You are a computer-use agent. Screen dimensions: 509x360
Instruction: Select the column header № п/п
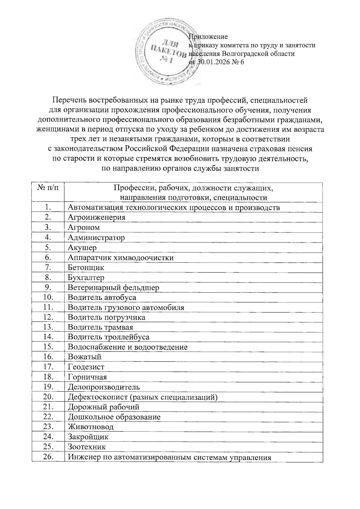click(48, 188)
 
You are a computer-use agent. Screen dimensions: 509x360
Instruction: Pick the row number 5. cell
click(48, 248)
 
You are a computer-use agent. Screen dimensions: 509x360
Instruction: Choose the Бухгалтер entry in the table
click(86, 277)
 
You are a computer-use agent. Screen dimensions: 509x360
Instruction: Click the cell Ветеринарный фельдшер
click(113, 288)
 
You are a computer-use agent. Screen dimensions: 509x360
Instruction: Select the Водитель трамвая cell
click(100, 327)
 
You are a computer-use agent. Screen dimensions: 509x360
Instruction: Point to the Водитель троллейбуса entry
click(109, 337)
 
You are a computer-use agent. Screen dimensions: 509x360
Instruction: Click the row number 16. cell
click(48, 357)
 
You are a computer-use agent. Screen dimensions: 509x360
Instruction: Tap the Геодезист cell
click(86, 367)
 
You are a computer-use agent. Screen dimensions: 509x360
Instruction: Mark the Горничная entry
click(87, 377)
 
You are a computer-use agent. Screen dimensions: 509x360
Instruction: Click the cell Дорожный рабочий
click(103, 407)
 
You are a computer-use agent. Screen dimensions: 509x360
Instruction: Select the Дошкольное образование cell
click(114, 417)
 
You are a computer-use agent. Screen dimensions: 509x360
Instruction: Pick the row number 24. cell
click(48, 436)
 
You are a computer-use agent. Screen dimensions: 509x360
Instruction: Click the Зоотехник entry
click(87, 447)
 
